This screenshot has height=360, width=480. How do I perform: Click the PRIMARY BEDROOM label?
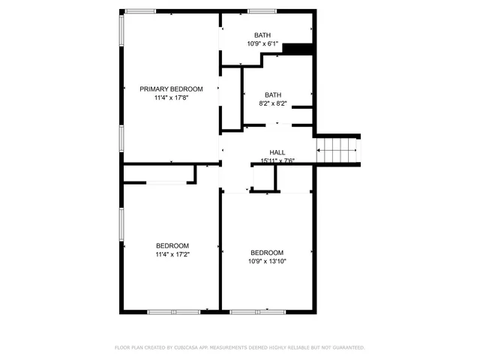point(171,88)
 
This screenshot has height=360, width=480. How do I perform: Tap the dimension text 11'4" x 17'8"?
point(171,97)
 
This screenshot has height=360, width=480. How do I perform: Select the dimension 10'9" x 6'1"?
point(262,43)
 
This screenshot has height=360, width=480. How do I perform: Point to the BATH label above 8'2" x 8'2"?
point(272,94)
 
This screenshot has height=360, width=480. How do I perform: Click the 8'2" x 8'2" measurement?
point(272,103)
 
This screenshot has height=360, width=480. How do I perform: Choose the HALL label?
point(277,152)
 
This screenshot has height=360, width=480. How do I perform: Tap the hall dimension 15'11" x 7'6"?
point(277,160)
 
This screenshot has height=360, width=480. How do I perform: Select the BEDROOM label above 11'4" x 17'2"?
point(172,246)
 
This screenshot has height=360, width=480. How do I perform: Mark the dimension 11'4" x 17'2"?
point(172,255)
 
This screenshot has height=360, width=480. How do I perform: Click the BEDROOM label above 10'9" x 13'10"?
point(267,253)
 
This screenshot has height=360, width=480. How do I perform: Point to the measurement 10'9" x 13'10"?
point(267,262)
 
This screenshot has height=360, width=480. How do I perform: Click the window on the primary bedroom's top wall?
point(141,10)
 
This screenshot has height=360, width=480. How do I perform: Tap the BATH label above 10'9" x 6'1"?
point(262,35)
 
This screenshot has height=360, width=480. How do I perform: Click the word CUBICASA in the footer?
point(183,348)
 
